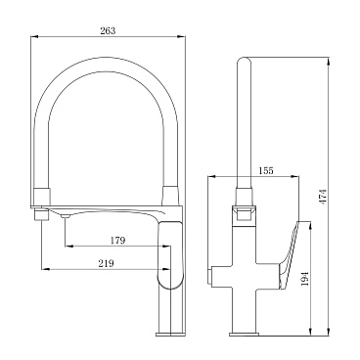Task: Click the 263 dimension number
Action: [108, 30]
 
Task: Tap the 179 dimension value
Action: [117, 241]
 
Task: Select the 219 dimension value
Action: [107, 263]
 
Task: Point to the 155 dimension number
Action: [266, 170]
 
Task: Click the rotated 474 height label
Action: [323, 197]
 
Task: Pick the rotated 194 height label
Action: [305, 278]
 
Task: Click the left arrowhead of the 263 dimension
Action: [34, 36]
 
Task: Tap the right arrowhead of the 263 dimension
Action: [182, 36]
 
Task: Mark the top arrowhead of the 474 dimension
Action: [329, 63]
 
